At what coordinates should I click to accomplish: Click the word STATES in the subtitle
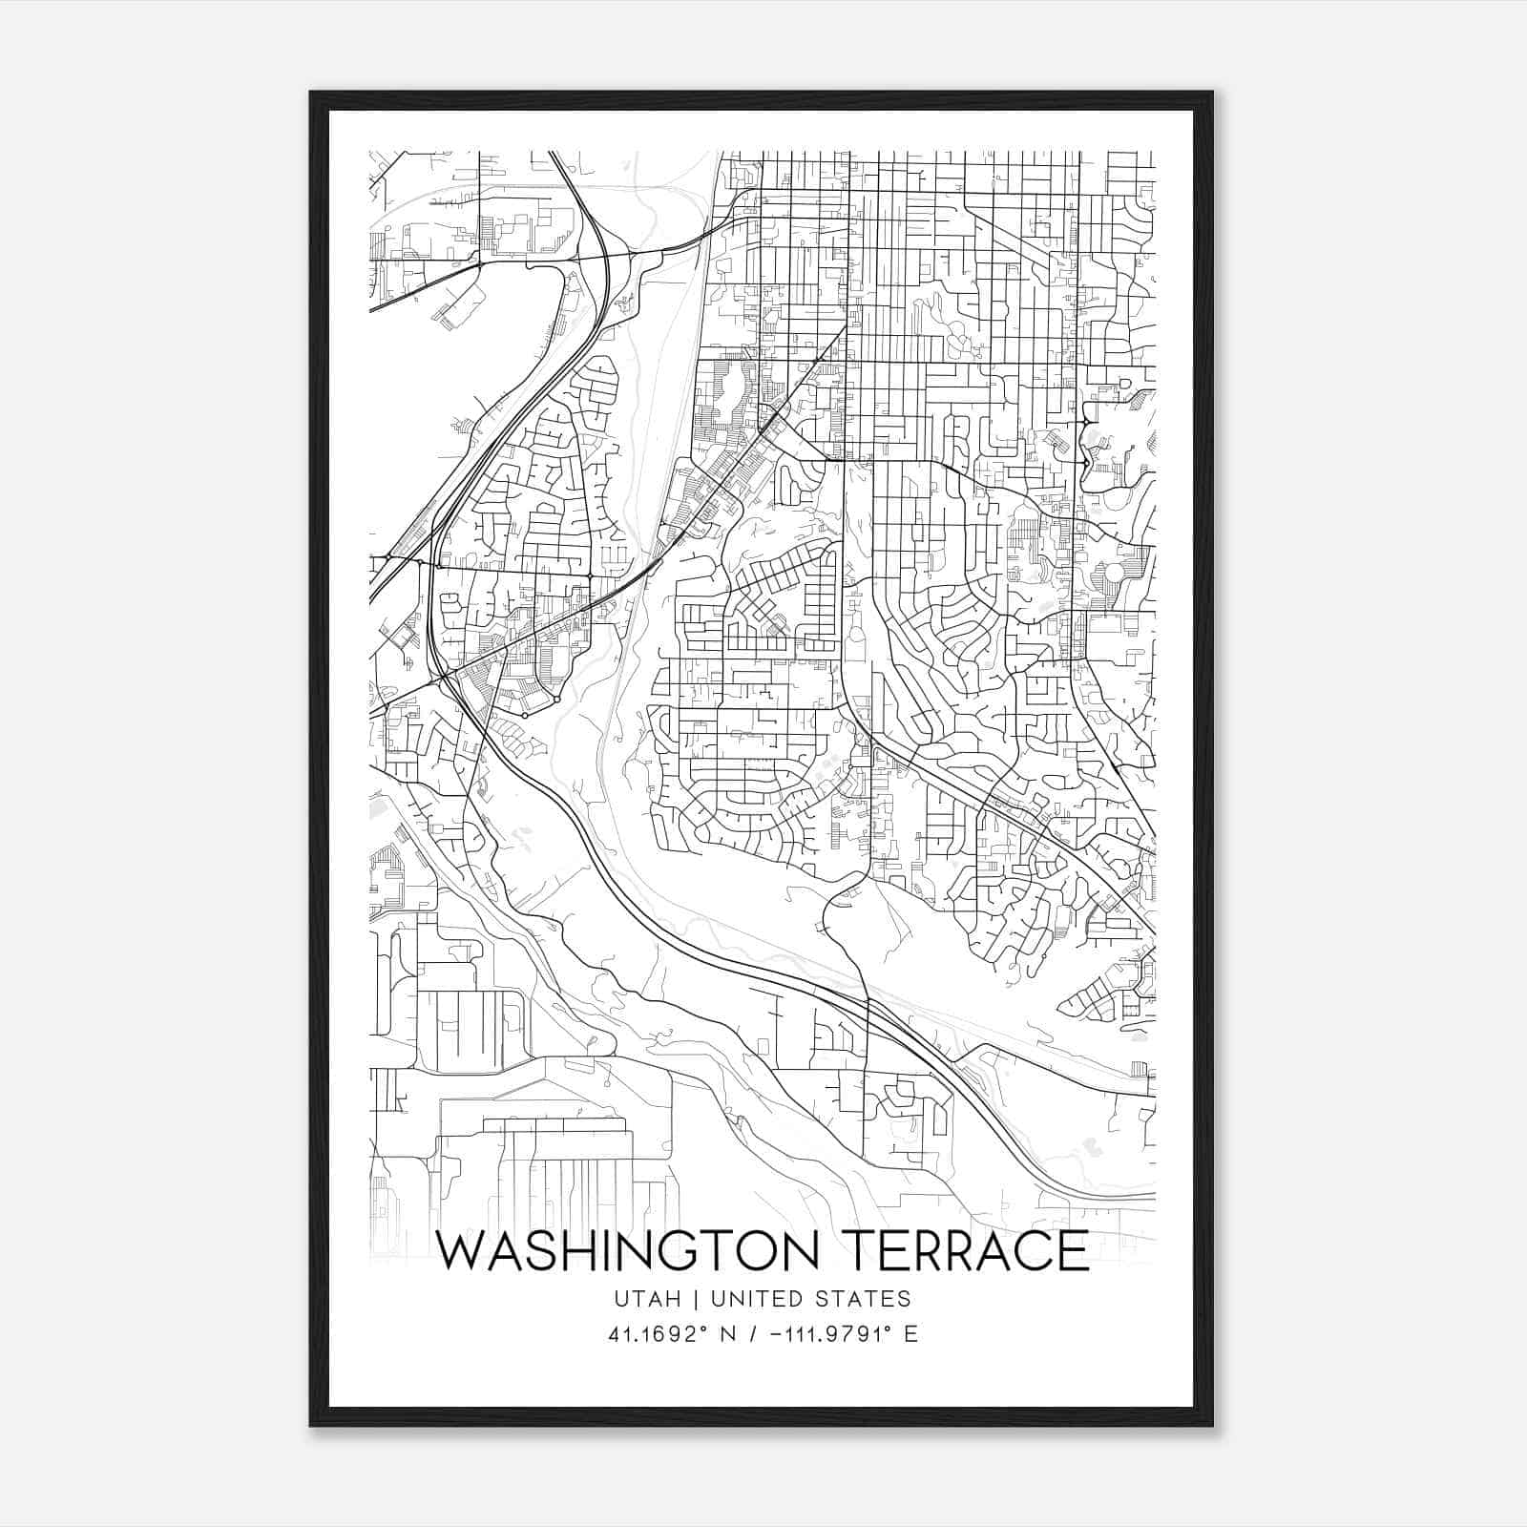tap(867, 1299)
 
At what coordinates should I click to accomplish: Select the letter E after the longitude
tap(910, 1334)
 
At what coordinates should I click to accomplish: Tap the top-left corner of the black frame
tap(311, 93)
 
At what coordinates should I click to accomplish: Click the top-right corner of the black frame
tap(1212, 93)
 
